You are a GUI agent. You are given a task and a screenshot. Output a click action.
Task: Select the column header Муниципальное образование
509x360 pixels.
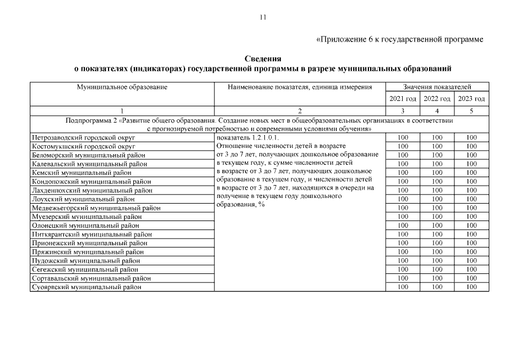(122, 87)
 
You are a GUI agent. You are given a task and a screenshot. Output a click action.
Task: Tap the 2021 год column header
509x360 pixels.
(403, 99)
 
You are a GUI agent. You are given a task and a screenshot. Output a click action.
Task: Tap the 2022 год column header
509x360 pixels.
(437, 99)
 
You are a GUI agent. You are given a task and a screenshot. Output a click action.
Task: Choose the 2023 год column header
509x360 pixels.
(471, 99)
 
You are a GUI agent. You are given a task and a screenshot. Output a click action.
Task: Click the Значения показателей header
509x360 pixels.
(437, 87)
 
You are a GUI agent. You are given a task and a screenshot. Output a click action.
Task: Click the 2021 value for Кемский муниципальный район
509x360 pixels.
(403, 173)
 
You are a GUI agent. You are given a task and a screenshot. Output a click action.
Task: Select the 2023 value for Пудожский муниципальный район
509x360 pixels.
(471, 260)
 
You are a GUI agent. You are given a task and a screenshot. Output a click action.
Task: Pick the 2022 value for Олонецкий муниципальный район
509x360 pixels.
(437, 225)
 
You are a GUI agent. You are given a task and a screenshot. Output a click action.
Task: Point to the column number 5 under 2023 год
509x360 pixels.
(471, 111)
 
